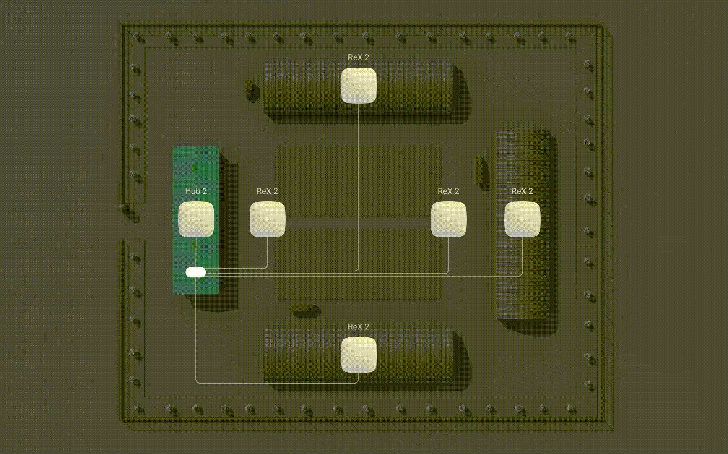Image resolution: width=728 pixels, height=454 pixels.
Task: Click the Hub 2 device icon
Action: point(196,219)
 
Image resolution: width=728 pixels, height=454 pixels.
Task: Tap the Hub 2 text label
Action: point(196,191)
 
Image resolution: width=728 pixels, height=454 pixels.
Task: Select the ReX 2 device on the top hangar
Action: point(359,86)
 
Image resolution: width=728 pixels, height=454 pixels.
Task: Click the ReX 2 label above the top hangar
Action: point(359,57)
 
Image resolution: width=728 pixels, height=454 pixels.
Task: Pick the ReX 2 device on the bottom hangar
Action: point(359,355)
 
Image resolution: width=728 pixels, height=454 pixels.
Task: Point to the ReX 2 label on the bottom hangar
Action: point(359,327)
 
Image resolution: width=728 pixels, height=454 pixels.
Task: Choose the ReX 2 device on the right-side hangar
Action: point(523,219)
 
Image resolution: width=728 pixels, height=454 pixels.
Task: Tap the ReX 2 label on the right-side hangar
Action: point(522,191)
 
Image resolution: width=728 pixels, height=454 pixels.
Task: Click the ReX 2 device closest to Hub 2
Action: point(268,219)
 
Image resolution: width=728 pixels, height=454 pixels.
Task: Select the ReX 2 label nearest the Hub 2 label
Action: point(267,191)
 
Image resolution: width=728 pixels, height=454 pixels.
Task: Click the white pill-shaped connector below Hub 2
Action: point(196,272)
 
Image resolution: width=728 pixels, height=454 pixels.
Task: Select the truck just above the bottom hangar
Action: point(304,310)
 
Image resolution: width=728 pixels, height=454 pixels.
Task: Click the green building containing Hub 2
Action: point(196,220)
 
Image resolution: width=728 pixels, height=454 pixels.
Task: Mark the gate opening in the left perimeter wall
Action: point(133,222)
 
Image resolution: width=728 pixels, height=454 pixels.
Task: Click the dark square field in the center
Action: point(359,223)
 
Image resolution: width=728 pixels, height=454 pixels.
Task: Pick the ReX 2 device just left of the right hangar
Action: point(449,219)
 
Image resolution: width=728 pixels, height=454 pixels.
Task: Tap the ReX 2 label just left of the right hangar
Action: point(448,191)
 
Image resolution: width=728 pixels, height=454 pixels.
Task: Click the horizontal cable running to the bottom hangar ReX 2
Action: point(277,383)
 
